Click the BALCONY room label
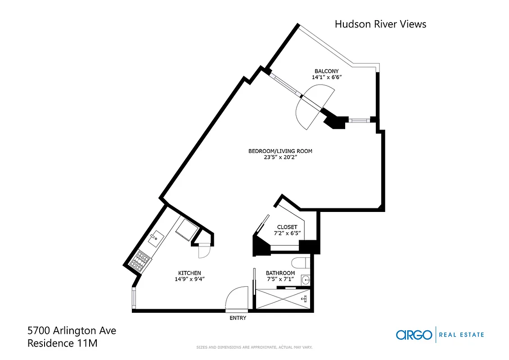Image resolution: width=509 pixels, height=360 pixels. pyautogui.click(x=326, y=71)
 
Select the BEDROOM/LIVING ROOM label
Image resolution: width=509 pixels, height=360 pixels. pyautogui.click(x=280, y=151)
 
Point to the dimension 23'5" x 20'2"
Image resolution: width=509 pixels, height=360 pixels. pyautogui.click(x=280, y=157)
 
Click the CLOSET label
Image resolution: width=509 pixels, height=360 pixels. pyautogui.click(x=287, y=227)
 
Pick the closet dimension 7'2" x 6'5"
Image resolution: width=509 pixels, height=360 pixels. pyautogui.click(x=287, y=234)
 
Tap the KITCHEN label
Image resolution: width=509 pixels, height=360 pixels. pyautogui.click(x=189, y=273)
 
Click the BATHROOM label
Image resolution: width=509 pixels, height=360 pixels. pyautogui.click(x=280, y=273)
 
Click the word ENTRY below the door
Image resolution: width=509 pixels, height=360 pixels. pyautogui.click(x=238, y=318)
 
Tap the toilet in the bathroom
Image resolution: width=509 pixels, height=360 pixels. pyautogui.click(x=299, y=262)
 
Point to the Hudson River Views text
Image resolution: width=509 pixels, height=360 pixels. pyautogui.click(x=380, y=24)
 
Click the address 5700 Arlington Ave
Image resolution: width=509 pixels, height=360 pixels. pyautogui.click(x=72, y=331)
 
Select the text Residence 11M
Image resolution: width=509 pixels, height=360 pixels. pyautogui.click(x=63, y=343)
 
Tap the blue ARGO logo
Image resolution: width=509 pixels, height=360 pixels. pyautogui.click(x=414, y=335)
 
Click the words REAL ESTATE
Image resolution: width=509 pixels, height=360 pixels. pyautogui.click(x=461, y=335)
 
